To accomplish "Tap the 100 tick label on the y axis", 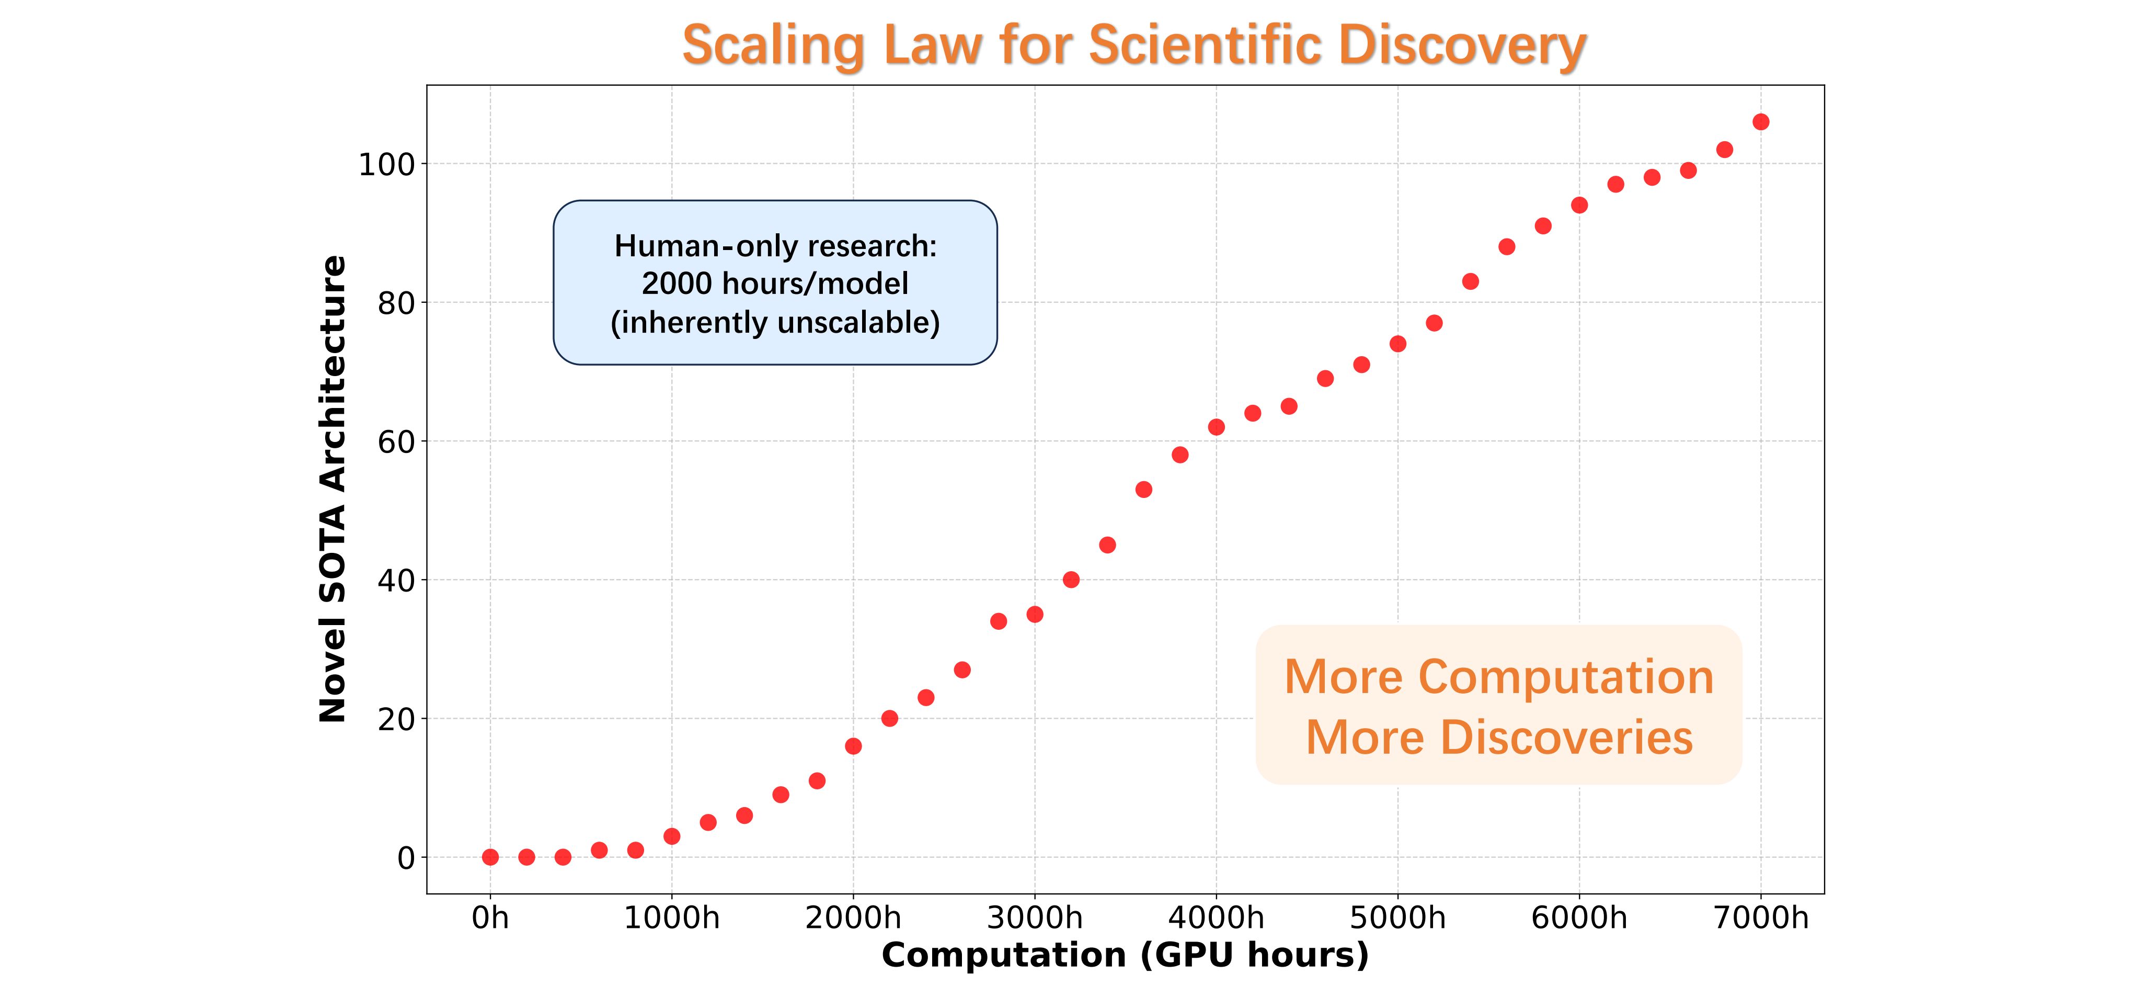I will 386,165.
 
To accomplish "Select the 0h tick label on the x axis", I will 490,918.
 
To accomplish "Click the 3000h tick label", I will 1035,918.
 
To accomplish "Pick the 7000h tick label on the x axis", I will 1760,918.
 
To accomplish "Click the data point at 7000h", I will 1761,122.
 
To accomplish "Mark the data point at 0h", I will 490,857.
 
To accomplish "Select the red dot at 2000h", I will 853,746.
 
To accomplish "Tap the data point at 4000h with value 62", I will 1217,427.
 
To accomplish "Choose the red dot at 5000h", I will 1398,344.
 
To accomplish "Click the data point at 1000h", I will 672,836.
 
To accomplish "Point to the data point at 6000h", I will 1579,205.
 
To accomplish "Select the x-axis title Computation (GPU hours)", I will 1125,955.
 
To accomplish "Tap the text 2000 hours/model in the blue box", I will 775,284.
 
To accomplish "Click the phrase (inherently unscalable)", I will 775,322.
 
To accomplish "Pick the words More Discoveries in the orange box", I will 1499,738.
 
